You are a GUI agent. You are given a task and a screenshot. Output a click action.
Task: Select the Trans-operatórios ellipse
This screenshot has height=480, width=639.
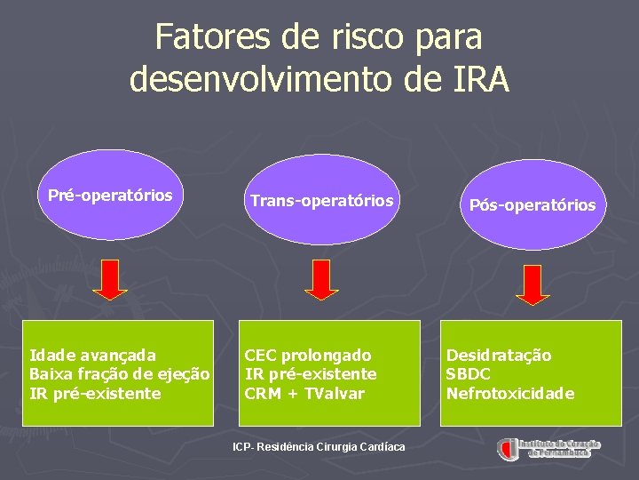(x=321, y=201)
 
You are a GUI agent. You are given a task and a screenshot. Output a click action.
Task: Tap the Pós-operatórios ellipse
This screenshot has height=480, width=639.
(x=532, y=205)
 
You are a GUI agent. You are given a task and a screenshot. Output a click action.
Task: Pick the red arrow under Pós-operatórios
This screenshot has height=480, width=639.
(x=533, y=284)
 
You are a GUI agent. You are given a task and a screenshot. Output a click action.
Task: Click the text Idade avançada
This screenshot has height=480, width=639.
(x=92, y=356)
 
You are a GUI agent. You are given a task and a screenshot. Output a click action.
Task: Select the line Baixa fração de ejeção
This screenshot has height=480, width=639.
(x=120, y=374)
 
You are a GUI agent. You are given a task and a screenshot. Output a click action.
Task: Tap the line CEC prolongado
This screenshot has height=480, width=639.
(x=308, y=356)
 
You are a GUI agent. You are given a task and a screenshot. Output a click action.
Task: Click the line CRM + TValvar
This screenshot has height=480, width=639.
(x=304, y=393)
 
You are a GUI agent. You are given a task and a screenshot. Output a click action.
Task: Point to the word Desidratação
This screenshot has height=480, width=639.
(x=498, y=356)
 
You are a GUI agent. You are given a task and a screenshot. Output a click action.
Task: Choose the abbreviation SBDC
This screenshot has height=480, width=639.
(x=468, y=374)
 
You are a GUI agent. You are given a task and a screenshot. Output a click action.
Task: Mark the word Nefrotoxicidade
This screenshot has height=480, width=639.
(x=509, y=393)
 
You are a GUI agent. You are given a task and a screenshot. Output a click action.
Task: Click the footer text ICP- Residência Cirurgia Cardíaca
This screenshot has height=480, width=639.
(x=319, y=446)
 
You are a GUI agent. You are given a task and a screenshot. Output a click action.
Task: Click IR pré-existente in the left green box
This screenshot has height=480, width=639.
(x=95, y=393)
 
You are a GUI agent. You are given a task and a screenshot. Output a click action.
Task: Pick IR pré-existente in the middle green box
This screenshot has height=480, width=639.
(x=311, y=374)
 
